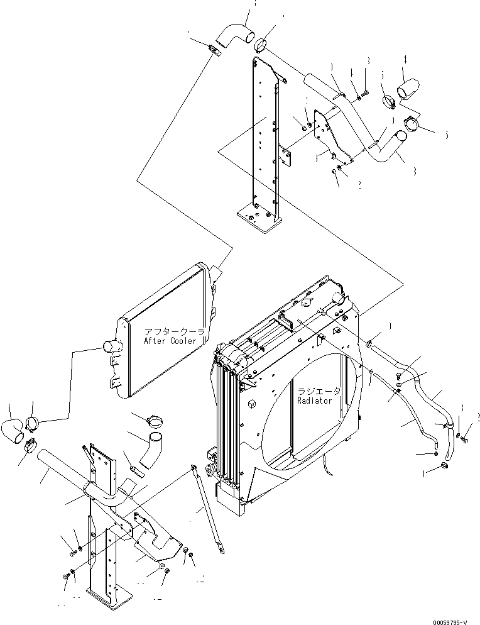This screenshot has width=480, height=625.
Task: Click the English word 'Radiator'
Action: coord(319,400)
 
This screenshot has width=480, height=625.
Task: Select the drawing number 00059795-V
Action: coord(444,619)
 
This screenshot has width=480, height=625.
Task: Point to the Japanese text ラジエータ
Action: coord(320,390)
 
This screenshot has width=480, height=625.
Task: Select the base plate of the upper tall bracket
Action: coord(258,220)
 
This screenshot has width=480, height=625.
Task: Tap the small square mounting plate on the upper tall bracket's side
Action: coord(286,157)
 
